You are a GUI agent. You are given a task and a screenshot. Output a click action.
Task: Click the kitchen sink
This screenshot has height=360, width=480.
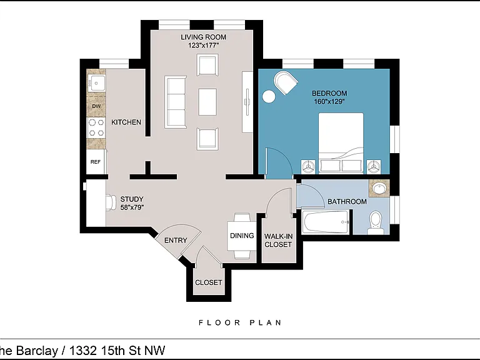[x=96, y=83]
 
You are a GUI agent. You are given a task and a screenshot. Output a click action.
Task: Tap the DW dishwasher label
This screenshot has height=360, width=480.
[x=96, y=106]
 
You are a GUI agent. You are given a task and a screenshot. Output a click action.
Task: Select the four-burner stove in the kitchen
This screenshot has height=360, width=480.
[x=96, y=127]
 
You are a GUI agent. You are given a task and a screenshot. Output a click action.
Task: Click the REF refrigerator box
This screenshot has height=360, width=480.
[x=96, y=161]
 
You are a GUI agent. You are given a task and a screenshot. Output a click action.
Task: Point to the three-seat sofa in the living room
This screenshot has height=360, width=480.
[x=176, y=102]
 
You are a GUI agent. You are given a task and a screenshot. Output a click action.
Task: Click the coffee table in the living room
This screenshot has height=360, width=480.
[x=207, y=102]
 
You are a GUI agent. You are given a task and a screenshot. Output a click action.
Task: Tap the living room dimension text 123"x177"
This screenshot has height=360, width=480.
[x=204, y=45]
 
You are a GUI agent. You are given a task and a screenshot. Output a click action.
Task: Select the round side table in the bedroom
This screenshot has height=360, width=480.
[x=269, y=96]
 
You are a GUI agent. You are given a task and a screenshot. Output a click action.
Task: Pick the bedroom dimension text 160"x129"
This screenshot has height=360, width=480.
[x=329, y=101]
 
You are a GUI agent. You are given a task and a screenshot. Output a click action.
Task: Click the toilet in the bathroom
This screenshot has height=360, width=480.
[x=375, y=222]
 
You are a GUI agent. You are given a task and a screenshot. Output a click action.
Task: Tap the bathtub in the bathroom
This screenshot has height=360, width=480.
[x=325, y=222]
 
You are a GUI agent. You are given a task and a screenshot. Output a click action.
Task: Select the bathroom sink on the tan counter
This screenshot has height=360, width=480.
[x=379, y=188]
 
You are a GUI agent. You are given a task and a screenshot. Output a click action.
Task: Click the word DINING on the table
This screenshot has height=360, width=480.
[x=242, y=236]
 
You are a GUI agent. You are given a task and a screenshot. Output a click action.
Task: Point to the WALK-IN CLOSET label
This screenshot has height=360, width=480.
[x=278, y=240]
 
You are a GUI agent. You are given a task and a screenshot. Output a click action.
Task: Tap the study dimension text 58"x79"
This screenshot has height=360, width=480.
[x=132, y=207]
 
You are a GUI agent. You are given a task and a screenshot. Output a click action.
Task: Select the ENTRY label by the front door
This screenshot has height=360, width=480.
[x=176, y=240]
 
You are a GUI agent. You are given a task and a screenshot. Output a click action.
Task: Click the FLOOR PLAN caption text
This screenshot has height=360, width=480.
[x=240, y=322]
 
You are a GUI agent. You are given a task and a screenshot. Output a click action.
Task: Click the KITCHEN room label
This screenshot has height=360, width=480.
[x=126, y=122]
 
